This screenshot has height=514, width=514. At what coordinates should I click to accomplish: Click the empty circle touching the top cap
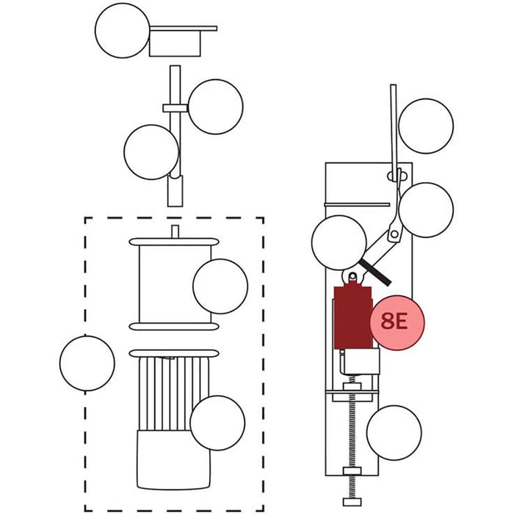[x=123, y=31]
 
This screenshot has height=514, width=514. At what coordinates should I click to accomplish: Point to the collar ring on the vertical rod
[x=175, y=109]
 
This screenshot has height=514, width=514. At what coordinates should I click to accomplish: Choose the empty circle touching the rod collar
[x=215, y=106]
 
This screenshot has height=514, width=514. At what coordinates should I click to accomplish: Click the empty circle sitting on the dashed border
[x=87, y=363]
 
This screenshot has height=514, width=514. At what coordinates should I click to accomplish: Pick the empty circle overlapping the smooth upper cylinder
[x=220, y=286]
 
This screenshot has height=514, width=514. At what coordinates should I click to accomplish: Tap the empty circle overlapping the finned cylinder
[x=217, y=423]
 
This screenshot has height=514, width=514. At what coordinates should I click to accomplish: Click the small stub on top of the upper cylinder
[x=175, y=231]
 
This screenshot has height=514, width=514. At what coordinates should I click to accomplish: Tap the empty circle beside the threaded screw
[x=394, y=432]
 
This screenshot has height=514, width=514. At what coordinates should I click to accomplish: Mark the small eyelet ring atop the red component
[x=353, y=277]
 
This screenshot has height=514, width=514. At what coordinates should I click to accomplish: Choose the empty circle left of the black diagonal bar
[x=339, y=244]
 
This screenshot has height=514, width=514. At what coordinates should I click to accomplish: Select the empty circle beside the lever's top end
[x=425, y=126]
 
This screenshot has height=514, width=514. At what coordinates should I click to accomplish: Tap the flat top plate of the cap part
[x=184, y=29]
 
